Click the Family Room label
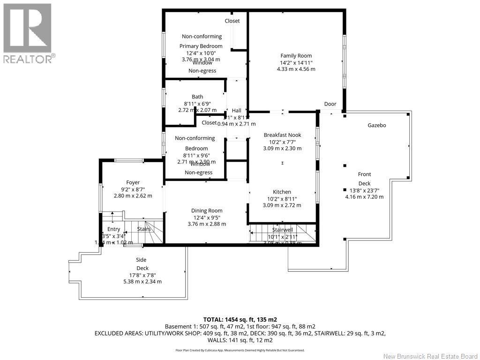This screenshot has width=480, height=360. (296, 56)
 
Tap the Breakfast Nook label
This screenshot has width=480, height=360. (282, 135)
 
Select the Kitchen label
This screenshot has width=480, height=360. (282, 192)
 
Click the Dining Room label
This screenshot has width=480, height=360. (207, 211)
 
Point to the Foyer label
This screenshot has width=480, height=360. (133, 182)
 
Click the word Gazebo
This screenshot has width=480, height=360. (377, 126)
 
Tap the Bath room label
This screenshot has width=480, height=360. (197, 97)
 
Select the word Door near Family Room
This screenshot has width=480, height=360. (330, 105)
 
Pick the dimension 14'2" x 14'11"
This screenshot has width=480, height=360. (296, 62)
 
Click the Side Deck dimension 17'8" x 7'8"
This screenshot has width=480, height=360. (142, 275)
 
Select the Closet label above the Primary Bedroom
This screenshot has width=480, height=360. (232, 21)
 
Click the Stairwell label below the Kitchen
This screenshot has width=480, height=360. (283, 230)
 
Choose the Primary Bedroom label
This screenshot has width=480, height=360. (201, 46)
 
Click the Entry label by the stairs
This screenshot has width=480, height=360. (114, 229)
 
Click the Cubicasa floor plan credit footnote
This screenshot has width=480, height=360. (240, 350)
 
